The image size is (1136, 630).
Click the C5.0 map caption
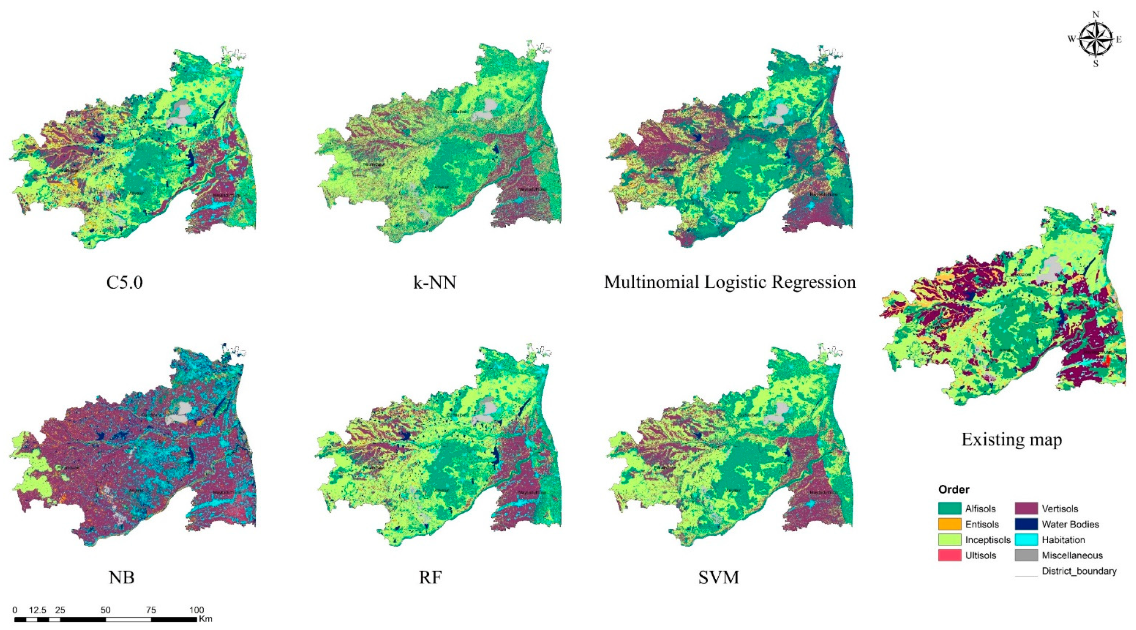click(x=125, y=282)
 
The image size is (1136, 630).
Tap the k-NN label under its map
click(x=435, y=282)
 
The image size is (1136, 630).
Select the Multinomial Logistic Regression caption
click(x=730, y=282)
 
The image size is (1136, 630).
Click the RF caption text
click(x=430, y=577)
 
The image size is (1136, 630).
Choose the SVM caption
click(x=718, y=577)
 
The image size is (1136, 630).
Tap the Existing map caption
click(x=1011, y=440)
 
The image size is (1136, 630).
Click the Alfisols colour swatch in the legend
click(x=949, y=509)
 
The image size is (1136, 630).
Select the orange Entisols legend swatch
click(x=949, y=524)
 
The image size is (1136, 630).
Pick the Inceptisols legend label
click(x=988, y=540)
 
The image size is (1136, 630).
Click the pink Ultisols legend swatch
click(x=949, y=556)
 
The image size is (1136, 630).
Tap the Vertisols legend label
click(x=1060, y=509)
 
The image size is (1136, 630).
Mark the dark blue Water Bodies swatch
click(x=1026, y=524)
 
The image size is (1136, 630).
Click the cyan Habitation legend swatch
click(x=1026, y=540)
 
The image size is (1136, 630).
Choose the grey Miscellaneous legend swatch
click(x=1026, y=556)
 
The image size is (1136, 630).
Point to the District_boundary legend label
click(x=1079, y=571)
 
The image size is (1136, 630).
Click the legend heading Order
click(x=954, y=490)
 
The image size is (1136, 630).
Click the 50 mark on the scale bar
click(x=105, y=610)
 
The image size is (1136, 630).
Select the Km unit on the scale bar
click(x=206, y=619)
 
